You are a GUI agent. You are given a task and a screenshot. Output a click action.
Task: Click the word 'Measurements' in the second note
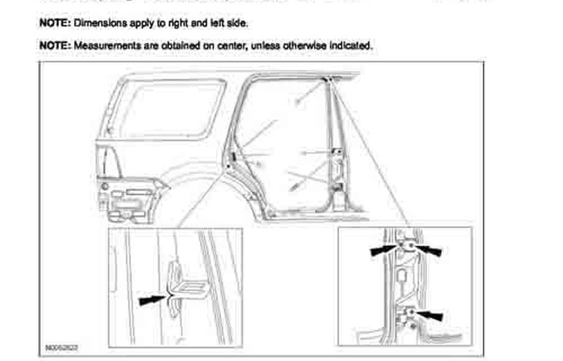(x=101, y=46)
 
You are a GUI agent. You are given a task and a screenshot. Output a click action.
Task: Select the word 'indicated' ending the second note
(x=349, y=46)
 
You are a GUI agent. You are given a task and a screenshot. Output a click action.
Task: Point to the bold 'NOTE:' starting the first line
(x=55, y=23)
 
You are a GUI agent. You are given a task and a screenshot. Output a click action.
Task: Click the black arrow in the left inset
(x=153, y=300)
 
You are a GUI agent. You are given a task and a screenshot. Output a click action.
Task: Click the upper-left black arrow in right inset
(x=384, y=248)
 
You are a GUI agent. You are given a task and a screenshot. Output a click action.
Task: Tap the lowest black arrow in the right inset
(x=430, y=315)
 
